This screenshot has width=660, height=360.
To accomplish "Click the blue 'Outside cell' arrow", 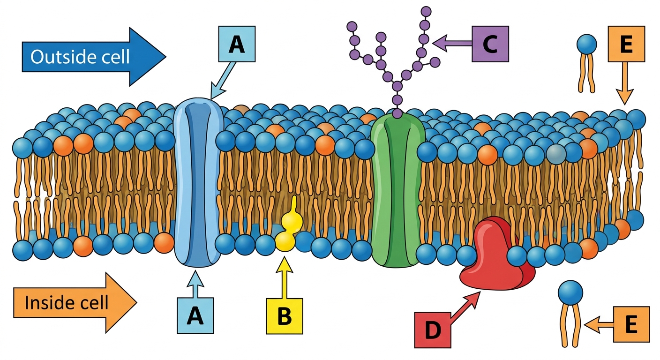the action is point(94,57).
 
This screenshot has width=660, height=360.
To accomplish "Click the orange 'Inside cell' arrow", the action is point(75,302).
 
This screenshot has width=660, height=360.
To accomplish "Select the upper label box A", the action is point(237,44).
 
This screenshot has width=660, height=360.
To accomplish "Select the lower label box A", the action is point(195,315).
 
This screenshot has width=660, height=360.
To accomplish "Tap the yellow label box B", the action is point(285,316).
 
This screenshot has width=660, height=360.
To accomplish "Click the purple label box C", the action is point(490,44).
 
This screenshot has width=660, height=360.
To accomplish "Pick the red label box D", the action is point(433,330).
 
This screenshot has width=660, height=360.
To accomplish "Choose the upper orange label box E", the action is point(626,44).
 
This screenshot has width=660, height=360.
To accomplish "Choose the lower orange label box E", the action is point(631,324).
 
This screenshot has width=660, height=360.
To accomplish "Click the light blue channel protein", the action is point(197,183).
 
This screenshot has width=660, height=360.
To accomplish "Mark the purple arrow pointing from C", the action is point(452,44).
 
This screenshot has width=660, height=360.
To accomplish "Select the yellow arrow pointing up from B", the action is point(285,277).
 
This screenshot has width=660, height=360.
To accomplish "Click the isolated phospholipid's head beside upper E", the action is point(586,45).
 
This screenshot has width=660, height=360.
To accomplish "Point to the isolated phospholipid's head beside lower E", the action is point(570,292).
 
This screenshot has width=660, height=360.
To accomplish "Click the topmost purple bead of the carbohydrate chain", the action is point(426,12).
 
